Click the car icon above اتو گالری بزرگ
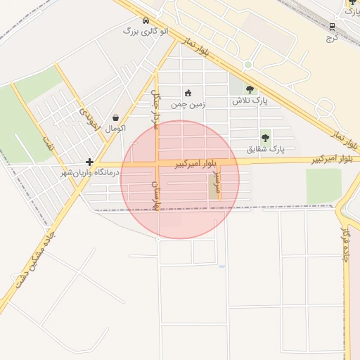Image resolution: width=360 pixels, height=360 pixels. pos(146,21)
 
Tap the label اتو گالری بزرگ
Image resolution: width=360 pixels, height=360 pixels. pos(146,32)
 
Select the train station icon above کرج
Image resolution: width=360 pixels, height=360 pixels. pos(332,27)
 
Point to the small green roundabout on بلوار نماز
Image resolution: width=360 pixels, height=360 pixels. pos(247,65)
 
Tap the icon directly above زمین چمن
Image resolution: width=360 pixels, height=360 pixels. pos(188,93)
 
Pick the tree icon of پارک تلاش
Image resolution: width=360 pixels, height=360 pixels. pos(250,89)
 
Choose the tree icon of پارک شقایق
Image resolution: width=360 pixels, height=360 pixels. pos(265,138)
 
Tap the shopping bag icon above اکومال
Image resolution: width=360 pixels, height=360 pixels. pos(115,117)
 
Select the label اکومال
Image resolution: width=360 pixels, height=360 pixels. pos(115,129)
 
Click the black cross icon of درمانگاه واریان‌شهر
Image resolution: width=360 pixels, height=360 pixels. pos(90,162)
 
